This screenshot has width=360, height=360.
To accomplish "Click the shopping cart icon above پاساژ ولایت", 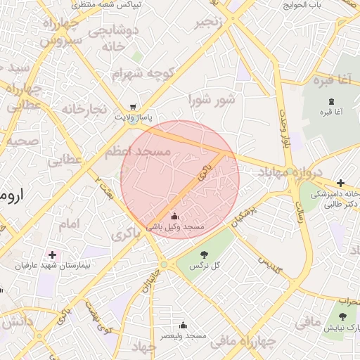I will tap(133, 108).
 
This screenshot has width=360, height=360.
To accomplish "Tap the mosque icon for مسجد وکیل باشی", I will tap(174, 216).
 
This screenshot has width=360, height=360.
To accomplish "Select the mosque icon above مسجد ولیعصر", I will tap(183, 325).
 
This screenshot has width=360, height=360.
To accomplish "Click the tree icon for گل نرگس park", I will tap(204, 255).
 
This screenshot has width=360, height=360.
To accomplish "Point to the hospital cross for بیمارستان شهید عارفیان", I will tap(52, 254).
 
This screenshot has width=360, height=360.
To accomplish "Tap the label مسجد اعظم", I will tap(138, 152).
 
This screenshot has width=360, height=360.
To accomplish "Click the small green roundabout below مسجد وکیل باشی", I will tap(163, 264).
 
